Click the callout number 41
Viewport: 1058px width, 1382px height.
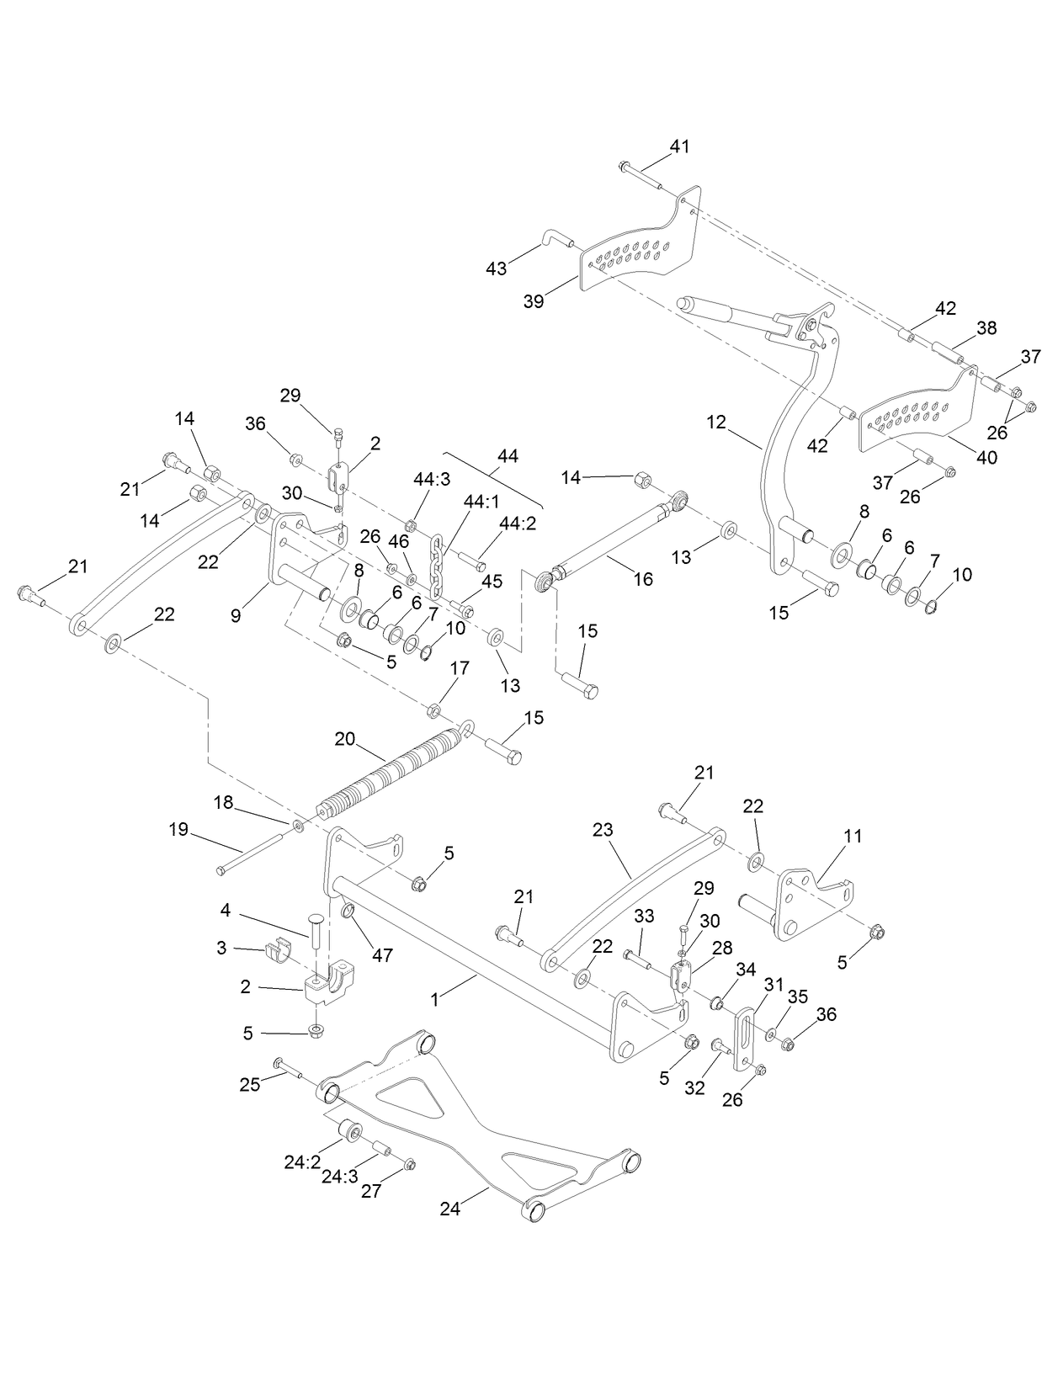[679, 146]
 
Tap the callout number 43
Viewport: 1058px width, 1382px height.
[496, 268]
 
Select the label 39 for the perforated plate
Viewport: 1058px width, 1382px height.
[533, 301]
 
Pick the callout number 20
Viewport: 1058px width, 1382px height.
[345, 739]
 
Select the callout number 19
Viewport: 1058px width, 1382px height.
[178, 829]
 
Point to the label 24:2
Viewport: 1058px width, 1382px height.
[302, 1162]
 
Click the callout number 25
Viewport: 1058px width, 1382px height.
[250, 1084]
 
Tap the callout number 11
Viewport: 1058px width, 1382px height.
[853, 837]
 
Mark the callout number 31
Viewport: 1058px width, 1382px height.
[773, 983]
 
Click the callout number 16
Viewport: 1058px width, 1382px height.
[643, 580]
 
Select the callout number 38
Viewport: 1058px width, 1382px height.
[986, 327]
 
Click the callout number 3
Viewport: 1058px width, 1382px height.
[221, 948]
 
